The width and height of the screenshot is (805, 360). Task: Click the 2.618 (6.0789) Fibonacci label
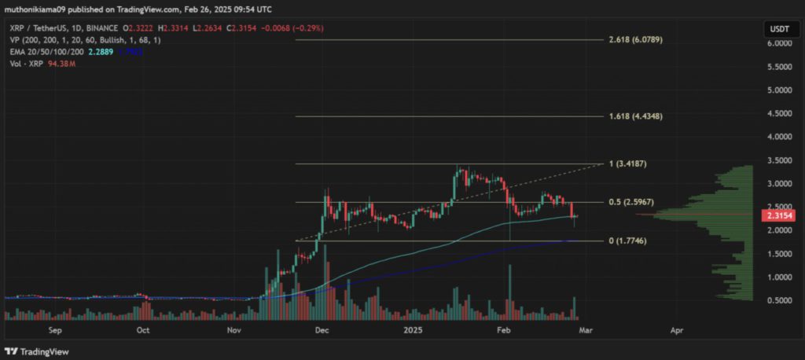coord(641,39)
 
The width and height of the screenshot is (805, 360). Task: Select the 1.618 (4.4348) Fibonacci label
coord(641,116)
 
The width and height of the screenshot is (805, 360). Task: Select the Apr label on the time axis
coord(676,332)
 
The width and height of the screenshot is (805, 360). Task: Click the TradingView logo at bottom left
coord(39,351)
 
